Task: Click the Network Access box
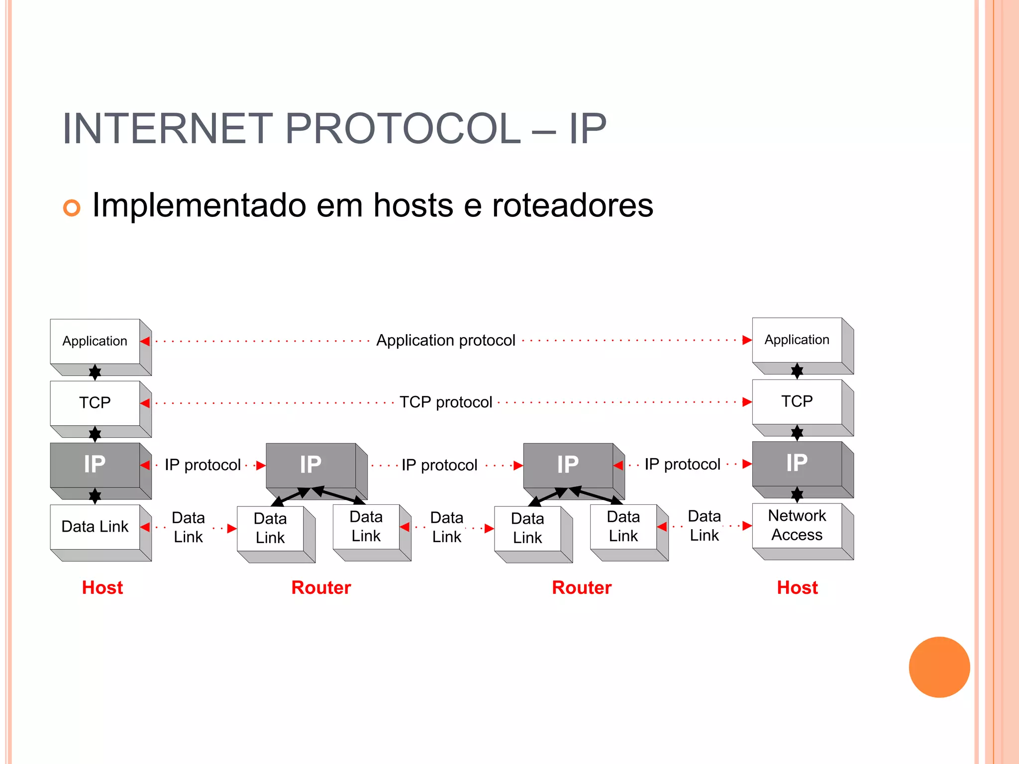pyautogui.click(x=797, y=525)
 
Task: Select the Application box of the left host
pyautogui.click(x=95, y=341)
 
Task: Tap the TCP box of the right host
pyautogui.click(x=797, y=401)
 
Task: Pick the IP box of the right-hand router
pyautogui.click(x=568, y=465)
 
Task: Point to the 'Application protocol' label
pyautogui.click(x=445, y=341)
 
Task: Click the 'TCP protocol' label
pyautogui.click(x=445, y=402)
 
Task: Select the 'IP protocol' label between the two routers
pyautogui.click(x=439, y=465)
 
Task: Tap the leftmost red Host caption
pyautogui.click(x=102, y=587)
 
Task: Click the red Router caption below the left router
pyautogui.click(x=321, y=587)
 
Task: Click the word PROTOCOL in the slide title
pyautogui.click(x=402, y=129)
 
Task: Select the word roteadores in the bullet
pyautogui.click(x=572, y=205)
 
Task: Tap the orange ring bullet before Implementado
pyautogui.click(x=72, y=208)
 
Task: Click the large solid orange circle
pyautogui.click(x=939, y=667)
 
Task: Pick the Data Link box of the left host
pyautogui.click(x=95, y=527)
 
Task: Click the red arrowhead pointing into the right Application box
pyautogui.click(x=746, y=340)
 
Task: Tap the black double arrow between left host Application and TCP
pyautogui.click(x=95, y=372)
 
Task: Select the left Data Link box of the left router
pyautogui.click(x=270, y=528)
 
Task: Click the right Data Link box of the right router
pyautogui.click(x=623, y=526)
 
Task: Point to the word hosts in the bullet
pyautogui.click(x=413, y=205)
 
